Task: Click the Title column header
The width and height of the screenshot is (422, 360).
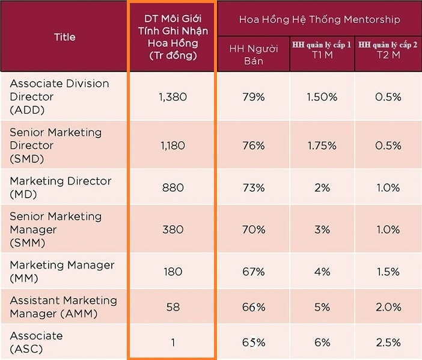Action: [x=64, y=37]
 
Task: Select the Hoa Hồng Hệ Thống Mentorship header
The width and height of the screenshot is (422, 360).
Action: [x=319, y=19]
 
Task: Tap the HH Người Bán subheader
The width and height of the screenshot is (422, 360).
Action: [x=254, y=55]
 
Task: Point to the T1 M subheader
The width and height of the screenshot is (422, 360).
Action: [x=322, y=53]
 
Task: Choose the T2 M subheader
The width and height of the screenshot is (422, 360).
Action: [x=388, y=53]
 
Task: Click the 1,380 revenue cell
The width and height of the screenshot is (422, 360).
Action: [x=173, y=97]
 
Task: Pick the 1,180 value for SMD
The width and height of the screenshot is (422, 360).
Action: [x=173, y=145]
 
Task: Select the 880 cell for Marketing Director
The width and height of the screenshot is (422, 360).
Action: [x=173, y=188]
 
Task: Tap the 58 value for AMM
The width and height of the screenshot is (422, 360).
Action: [x=173, y=307]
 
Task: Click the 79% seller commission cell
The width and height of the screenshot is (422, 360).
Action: [x=254, y=97]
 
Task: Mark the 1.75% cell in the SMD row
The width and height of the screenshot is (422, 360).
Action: [x=322, y=145]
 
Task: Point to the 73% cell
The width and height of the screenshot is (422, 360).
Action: [x=254, y=188]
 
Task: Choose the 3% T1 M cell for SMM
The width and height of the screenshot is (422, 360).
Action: [x=322, y=229]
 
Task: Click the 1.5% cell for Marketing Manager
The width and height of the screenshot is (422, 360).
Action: [x=388, y=271]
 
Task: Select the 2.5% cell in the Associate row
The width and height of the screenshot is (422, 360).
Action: [x=388, y=342]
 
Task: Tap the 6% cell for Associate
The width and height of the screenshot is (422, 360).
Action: [x=322, y=342]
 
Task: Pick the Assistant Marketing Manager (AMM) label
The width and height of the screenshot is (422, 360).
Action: [x=63, y=307]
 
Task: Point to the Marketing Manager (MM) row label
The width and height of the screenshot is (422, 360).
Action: [x=62, y=271]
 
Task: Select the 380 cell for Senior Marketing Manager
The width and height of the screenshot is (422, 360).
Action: [x=173, y=229]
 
